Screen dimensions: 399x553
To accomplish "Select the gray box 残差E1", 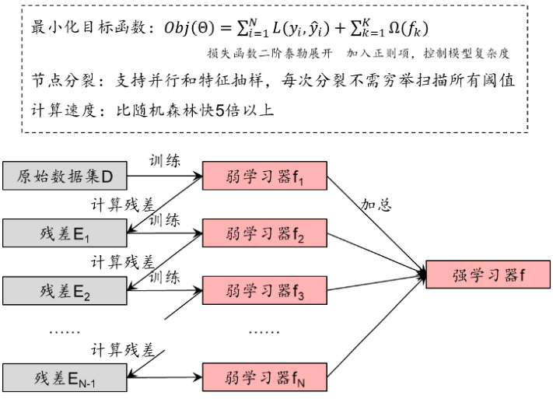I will coord(65,231).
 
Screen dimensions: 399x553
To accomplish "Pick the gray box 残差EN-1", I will coord(65,377).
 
